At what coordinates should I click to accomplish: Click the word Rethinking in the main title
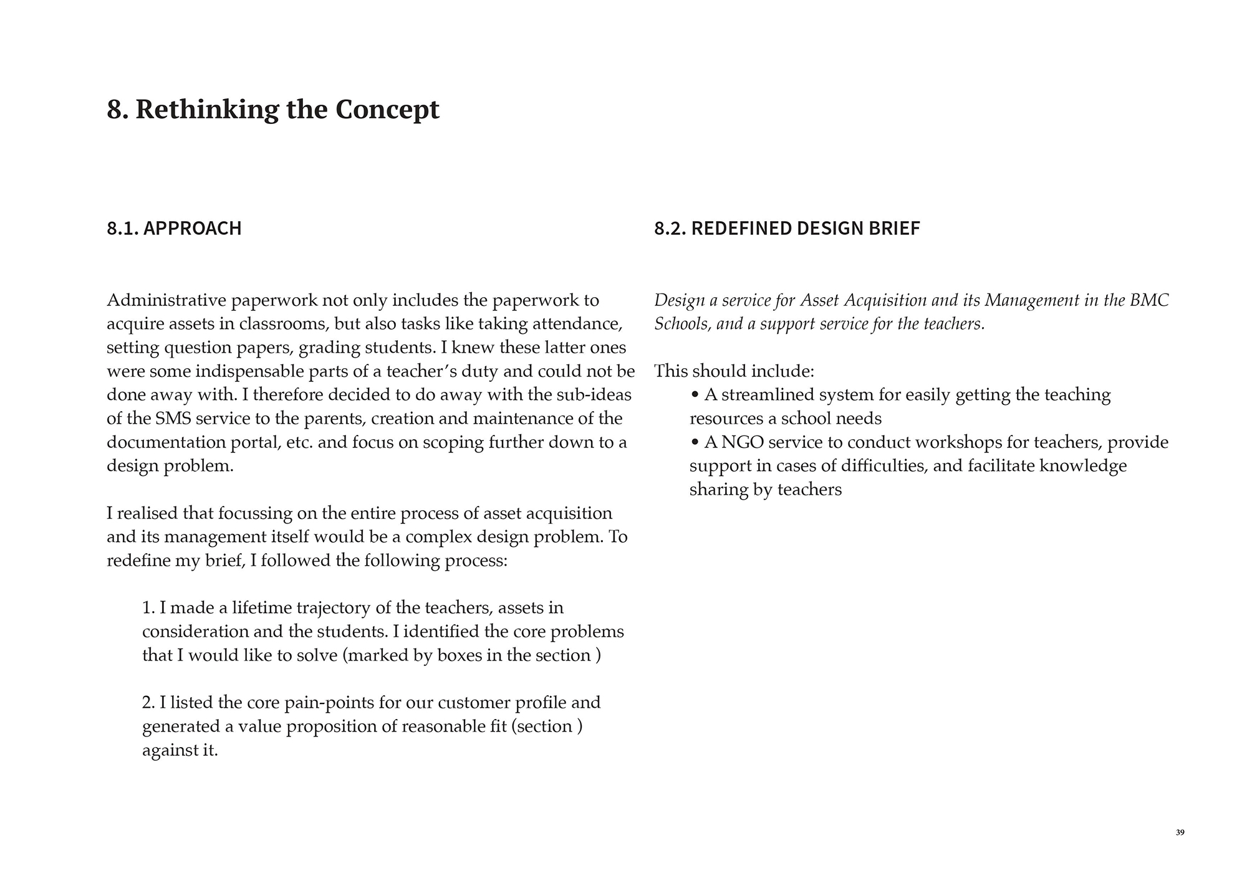pos(207,110)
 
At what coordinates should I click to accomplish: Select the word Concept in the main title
pos(387,110)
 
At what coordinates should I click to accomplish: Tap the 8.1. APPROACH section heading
pos(174,228)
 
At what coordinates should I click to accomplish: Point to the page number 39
pos(1180,833)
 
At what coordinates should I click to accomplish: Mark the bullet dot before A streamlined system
pos(695,395)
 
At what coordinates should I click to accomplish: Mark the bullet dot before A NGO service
pos(695,442)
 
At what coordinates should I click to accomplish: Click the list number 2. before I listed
pos(148,703)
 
